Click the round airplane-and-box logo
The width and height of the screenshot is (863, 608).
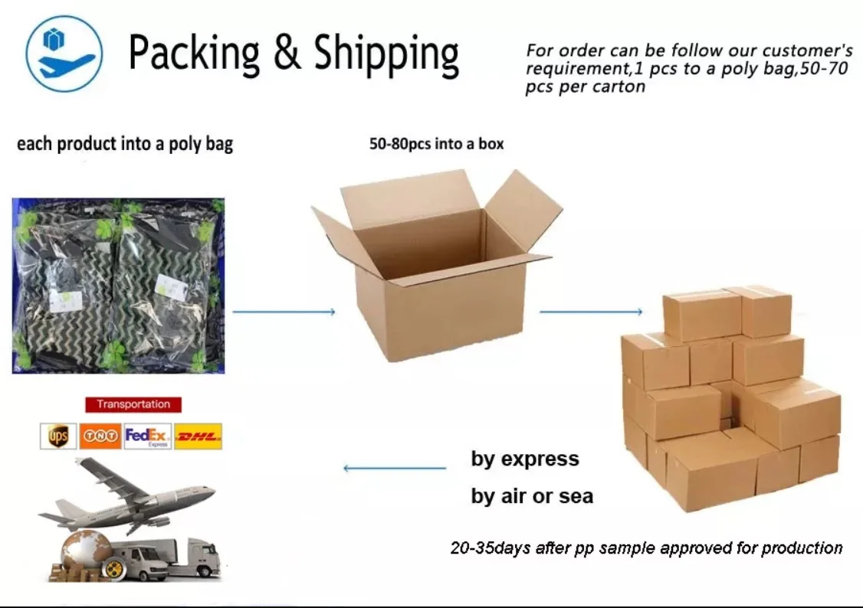click(x=64, y=54)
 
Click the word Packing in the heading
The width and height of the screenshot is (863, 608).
click(x=194, y=54)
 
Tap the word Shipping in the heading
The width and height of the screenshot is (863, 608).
click(x=386, y=55)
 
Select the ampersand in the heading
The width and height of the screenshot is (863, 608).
click(x=287, y=53)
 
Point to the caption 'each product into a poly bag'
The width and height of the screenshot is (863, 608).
click(x=125, y=144)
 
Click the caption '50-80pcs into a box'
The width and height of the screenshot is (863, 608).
click(x=436, y=144)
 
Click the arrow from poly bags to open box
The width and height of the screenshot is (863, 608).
click(x=284, y=312)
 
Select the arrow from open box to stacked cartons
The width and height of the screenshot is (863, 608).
click(x=591, y=312)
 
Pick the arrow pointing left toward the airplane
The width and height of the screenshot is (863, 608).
click(x=394, y=468)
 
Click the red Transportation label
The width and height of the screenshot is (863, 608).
click(x=133, y=404)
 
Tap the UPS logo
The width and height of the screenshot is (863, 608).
click(x=58, y=436)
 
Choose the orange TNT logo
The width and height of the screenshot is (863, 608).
click(x=100, y=436)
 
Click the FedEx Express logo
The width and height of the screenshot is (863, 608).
click(x=148, y=436)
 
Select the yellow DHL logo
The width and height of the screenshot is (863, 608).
click(x=199, y=437)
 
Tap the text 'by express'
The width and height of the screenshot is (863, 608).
click(x=525, y=459)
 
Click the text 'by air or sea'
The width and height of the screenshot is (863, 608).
click(x=532, y=496)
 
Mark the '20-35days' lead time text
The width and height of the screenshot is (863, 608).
click(x=646, y=548)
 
